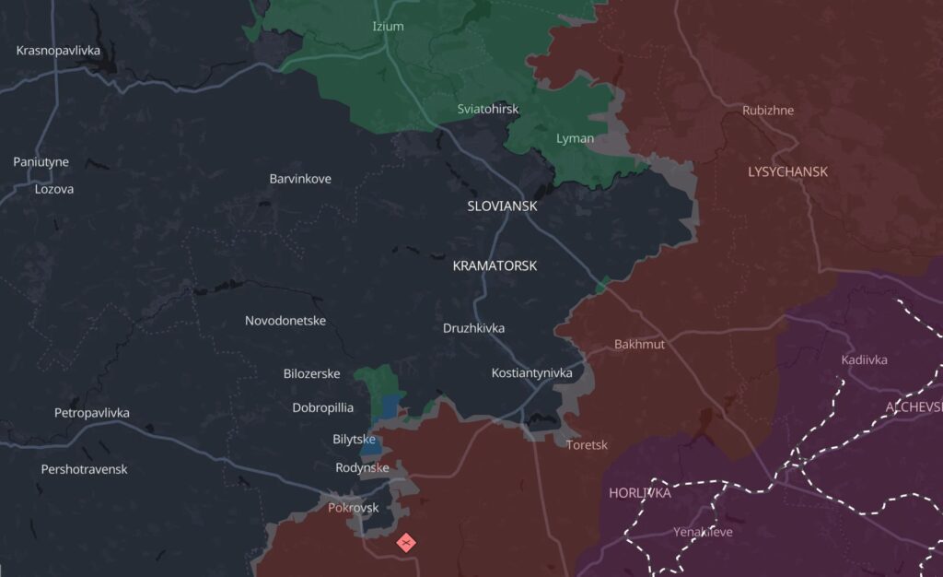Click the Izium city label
tap(388, 26)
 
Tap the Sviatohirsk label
tap(488, 109)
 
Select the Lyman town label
tap(575, 138)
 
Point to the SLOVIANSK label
tap(502, 206)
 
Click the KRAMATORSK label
tap(495, 265)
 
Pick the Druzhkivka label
tap(473, 327)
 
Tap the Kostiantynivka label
tap(532, 373)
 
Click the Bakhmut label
tap(639, 345)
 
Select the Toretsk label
tap(587, 444)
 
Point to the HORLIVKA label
tap(640, 493)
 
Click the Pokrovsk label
tap(354, 508)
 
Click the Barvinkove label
tap(300, 179)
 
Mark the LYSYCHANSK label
tap(787, 171)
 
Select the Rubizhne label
tap(768, 111)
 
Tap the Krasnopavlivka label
tap(58, 50)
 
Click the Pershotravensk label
tap(84, 469)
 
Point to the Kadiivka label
tap(865, 359)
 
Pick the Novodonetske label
tap(285, 321)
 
